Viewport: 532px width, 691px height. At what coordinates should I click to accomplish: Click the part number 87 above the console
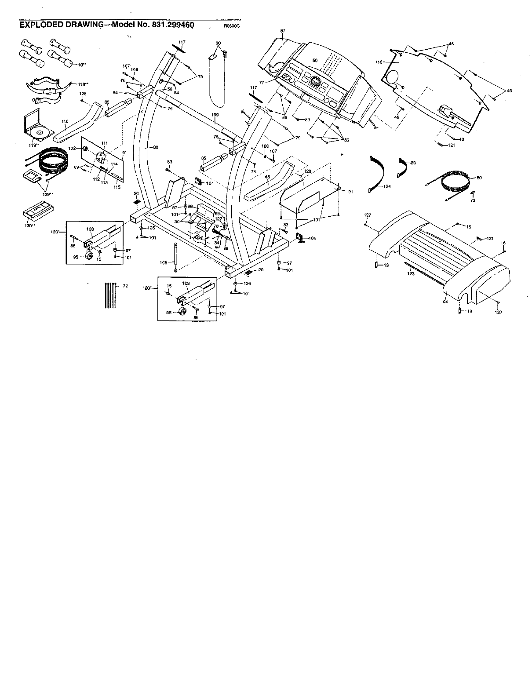click(282, 31)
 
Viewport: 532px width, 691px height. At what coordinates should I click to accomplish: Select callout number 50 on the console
click(315, 60)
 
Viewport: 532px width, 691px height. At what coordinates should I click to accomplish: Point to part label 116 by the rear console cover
click(379, 62)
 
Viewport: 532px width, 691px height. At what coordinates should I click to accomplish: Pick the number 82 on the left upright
click(156, 148)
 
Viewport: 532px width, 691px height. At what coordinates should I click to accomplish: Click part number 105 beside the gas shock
click(163, 262)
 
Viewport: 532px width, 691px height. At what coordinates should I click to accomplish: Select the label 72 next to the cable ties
click(125, 286)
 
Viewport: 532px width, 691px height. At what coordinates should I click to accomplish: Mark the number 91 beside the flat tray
click(350, 192)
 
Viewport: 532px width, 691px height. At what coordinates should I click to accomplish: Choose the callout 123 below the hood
click(411, 274)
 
